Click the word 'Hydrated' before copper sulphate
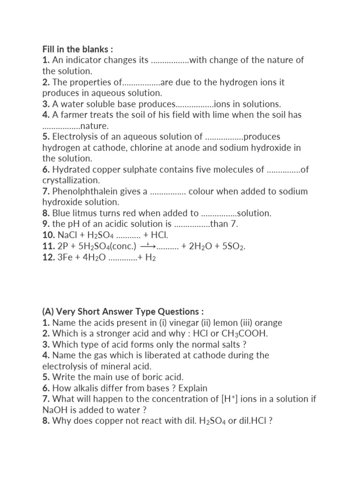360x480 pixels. coord(71,170)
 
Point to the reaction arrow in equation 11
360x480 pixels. coord(148,246)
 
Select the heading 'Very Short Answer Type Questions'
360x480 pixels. coord(128,312)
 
